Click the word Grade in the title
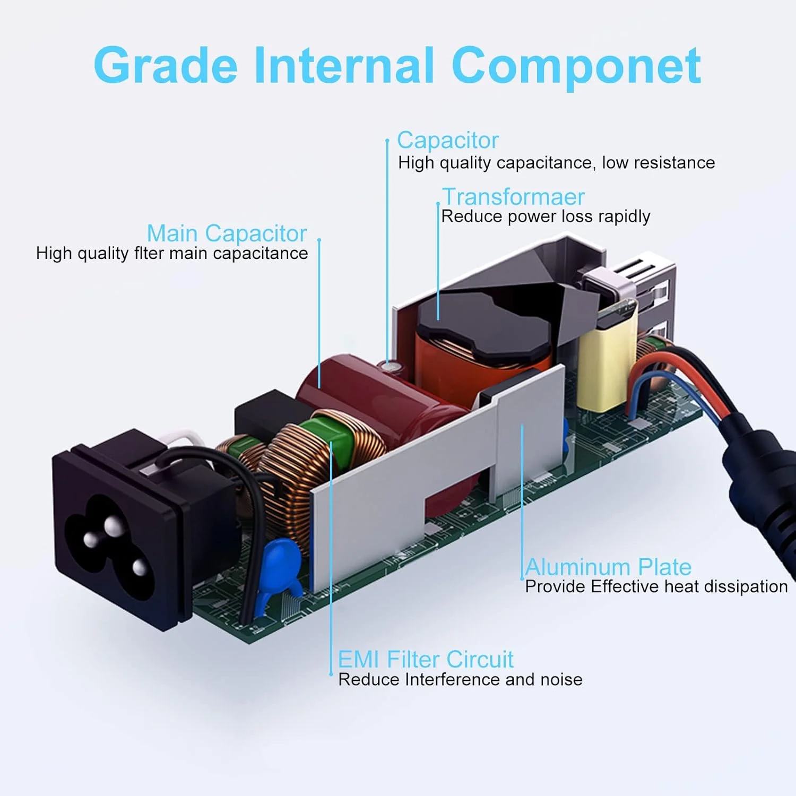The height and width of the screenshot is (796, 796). [x=166, y=66]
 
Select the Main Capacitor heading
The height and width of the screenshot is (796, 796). [x=227, y=233]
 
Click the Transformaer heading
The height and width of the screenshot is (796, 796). [x=513, y=197]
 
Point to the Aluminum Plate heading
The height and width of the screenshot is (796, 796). [x=608, y=567]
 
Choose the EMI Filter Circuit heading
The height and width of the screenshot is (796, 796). [x=426, y=660]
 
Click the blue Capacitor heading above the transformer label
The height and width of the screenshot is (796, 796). [x=448, y=141]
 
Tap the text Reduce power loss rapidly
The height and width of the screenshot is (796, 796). [x=546, y=217]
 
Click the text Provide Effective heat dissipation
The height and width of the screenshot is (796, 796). [x=656, y=586]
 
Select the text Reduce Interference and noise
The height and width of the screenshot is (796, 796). [x=460, y=680]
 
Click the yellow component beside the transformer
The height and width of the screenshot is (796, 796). [x=605, y=366]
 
